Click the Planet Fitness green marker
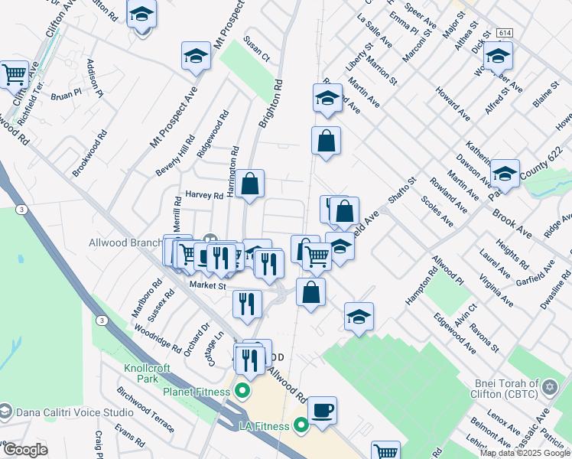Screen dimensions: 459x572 click(x=243, y=392)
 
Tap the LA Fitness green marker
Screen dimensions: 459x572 click(x=301, y=425)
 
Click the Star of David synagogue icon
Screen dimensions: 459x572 click(x=548, y=389)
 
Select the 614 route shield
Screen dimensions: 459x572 click(x=503, y=34)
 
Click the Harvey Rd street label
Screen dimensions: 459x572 click(x=202, y=195)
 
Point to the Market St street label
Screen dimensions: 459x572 click(x=208, y=286)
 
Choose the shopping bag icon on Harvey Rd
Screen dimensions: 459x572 click(x=249, y=184)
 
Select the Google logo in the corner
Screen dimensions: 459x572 click(x=24, y=450)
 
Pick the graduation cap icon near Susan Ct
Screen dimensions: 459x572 click(x=196, y=56)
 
